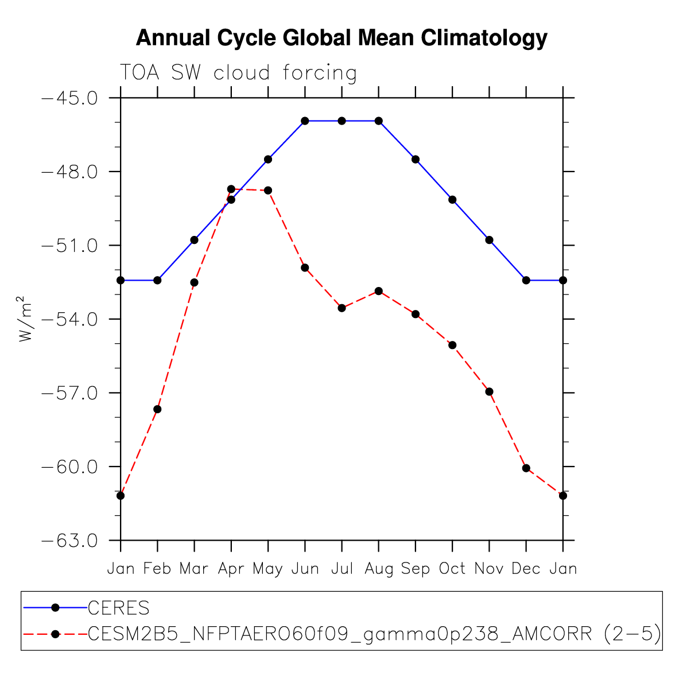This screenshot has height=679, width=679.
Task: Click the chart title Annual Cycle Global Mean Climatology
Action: (342, 38)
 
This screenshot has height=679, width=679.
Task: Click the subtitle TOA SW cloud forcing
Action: (238, 73)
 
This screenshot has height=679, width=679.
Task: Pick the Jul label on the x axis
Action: (342, 569)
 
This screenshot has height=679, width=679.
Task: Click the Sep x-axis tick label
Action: (416, 569)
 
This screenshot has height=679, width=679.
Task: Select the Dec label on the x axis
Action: (526, 569)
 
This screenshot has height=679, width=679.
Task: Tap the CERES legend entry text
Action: (118, 607)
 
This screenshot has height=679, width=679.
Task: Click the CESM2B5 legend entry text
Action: (374, 634)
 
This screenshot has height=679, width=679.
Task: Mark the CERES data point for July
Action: (342, 121)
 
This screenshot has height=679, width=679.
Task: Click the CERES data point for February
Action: (157, 280)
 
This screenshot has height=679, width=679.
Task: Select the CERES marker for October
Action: (452, 200)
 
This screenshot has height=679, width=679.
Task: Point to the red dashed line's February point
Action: (157, 409)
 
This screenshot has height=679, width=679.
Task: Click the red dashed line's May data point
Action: (268, 190)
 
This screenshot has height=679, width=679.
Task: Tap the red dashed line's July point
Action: (342, 308)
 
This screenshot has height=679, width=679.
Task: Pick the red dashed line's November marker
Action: (489, 391)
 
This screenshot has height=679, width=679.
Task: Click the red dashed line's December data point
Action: (526, 468)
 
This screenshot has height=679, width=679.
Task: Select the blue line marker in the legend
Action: (55, 607)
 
